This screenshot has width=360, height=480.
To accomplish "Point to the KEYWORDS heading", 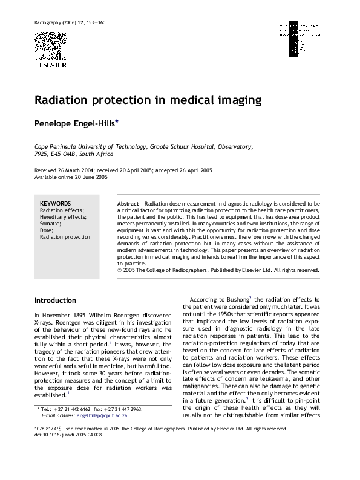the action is point(55,203).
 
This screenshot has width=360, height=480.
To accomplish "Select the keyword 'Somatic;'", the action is point(50,223).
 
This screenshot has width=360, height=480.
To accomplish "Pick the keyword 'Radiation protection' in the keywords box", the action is point(64,237).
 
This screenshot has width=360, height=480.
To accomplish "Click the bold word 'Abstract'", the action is point(128,204).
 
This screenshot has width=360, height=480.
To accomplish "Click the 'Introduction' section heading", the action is point(55,300).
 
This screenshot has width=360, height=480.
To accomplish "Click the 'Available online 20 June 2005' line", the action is point(71,177).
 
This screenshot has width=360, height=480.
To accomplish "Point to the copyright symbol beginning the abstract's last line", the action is point(120,270).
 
